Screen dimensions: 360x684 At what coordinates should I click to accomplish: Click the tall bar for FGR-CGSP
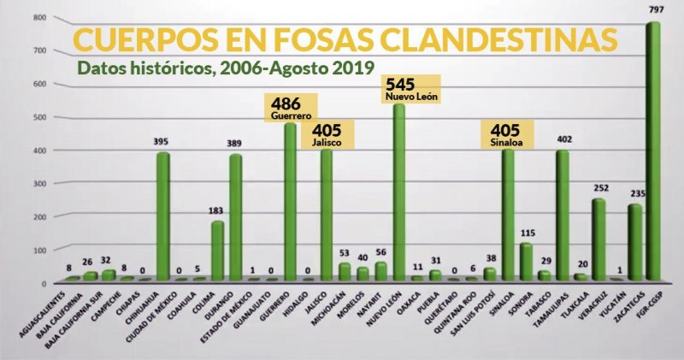[x=652, y=154]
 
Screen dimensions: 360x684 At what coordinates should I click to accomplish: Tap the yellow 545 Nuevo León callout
[x=408, y=90]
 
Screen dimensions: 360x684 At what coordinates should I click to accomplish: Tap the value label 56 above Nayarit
[x=381, y=254]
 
